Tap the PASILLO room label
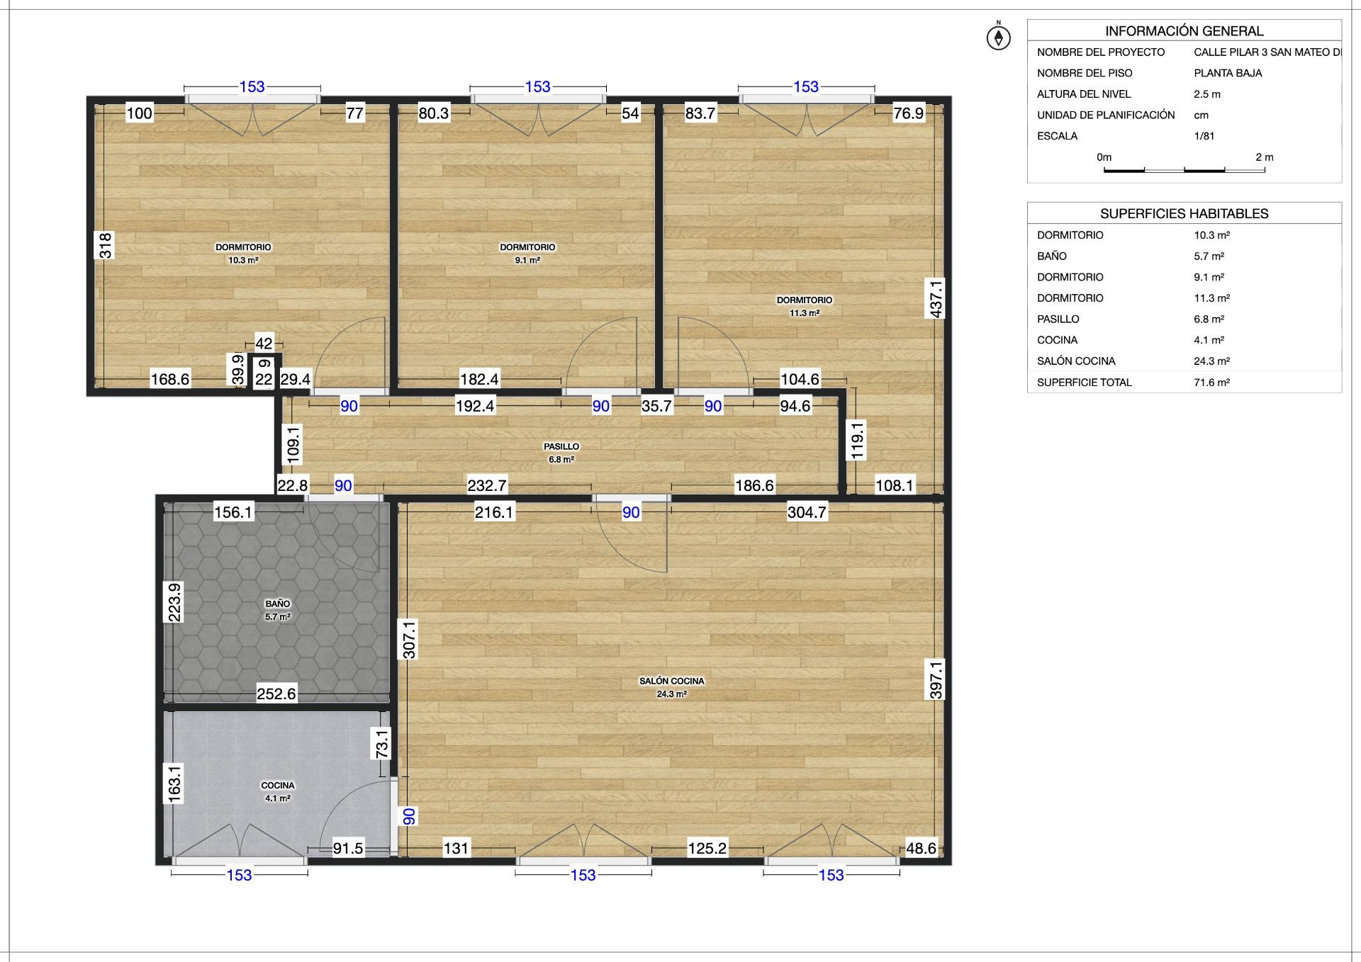[x=561, y=446]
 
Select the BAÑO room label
[x=278, y=604]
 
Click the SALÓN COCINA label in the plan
[x=672, y=681]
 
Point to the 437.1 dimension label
[x=936, y=298]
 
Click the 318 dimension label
[x=105, y=245]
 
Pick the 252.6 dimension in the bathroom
[x=276, y=694]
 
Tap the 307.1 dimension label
[x=409, y=639]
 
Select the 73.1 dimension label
[x=382, y=744]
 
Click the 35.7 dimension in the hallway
[x=656, y=406]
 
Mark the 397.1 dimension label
[x=936, y=680]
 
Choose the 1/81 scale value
[x=1204, y=136]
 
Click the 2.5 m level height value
[x=1207, y=94]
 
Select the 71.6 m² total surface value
[x=1212, y=383]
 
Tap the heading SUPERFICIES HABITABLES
[x=1184, y=213]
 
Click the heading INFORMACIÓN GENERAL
[x=1184, y=31]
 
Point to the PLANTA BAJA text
[x=1228, y=73]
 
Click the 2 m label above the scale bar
[x=1265, y=157]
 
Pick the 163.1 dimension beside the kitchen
[x=174, y=783]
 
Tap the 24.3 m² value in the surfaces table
[x=1212, y=361]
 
